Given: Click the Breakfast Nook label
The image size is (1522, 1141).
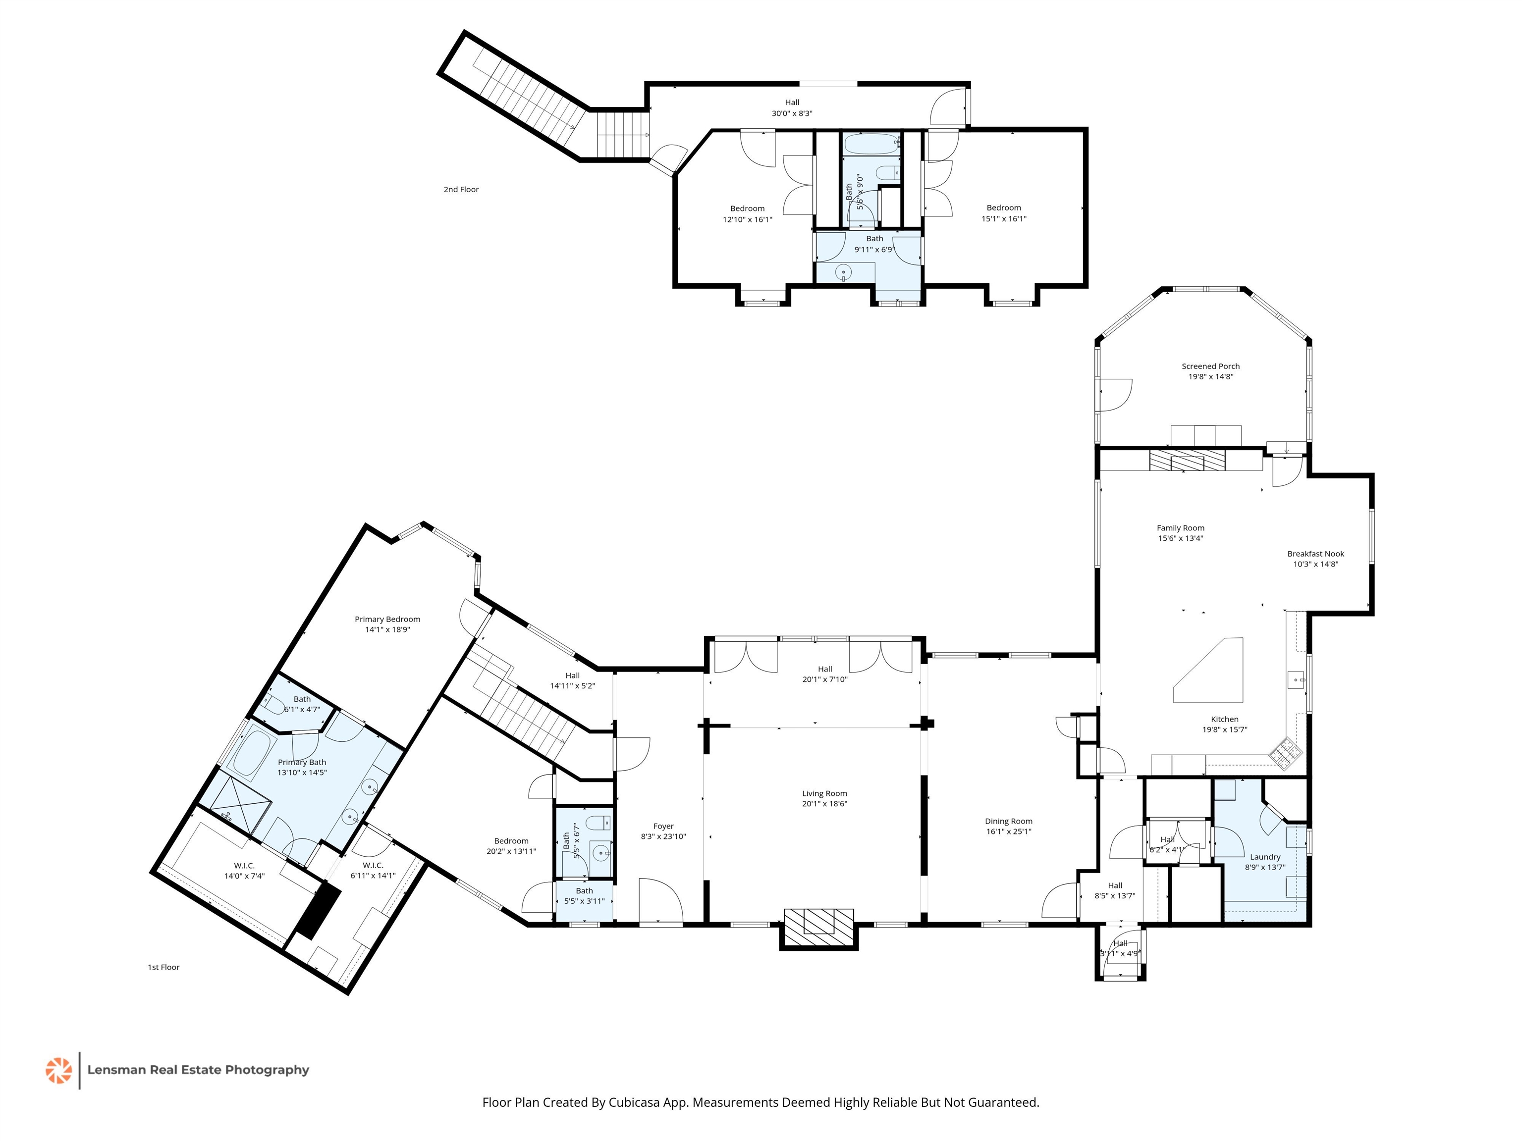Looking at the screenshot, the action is click(x=1315, y=554).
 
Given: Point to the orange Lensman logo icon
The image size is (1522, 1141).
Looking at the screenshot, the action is click(x=58, y=1070).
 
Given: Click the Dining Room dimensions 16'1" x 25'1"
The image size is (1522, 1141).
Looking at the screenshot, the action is click(x=1008, y=831).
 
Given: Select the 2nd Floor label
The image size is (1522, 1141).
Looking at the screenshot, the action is click(x=461, y=189).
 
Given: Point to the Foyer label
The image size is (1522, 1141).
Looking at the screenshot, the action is click(x=663, y=826).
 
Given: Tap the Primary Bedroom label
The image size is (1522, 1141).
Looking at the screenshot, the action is click(x=387, y=619).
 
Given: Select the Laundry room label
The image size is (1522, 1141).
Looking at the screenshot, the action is click(x=1265, y=857).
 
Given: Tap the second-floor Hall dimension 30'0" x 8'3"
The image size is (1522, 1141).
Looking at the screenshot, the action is click(x=792, y=113).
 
